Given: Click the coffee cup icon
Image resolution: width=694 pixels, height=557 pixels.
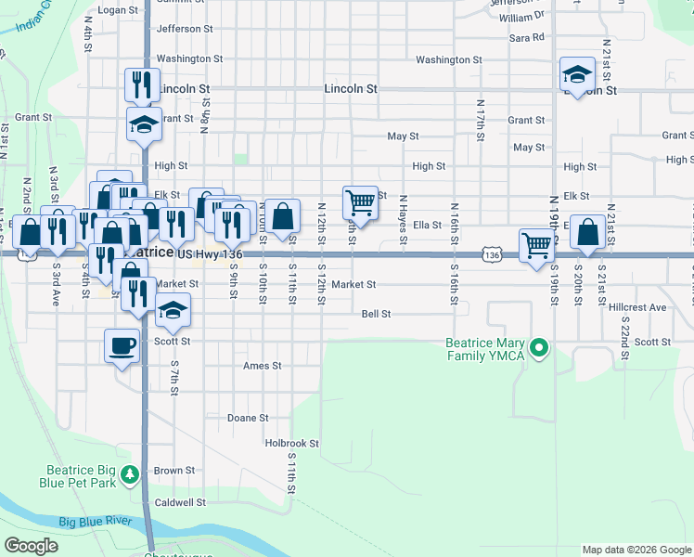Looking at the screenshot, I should tap(122, 347).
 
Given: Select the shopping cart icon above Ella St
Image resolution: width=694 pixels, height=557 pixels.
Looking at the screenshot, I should tap(360, 202).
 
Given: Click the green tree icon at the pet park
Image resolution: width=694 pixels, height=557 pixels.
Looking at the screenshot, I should tap(132, 474).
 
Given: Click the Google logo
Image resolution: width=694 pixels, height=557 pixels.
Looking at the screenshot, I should tap(31, 546).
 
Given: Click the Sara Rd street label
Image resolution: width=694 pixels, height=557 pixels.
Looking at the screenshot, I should tap(527, 38).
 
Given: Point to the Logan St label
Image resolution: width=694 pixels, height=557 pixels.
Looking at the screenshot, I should tap(117, 10).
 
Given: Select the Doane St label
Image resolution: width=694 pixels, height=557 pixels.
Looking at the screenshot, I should tap(248, 418).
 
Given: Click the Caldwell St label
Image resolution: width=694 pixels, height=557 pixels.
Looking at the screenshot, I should tap(180, 502).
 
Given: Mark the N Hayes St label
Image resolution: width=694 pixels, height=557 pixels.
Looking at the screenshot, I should tap(404, 221).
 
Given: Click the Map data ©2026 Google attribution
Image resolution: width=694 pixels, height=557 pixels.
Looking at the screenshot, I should tap(636, 550).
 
